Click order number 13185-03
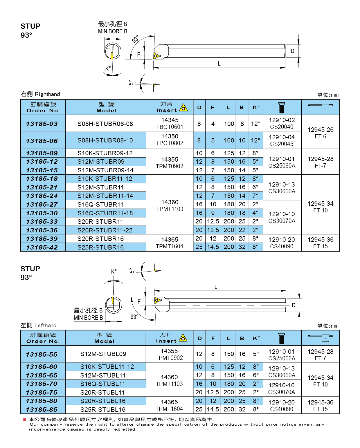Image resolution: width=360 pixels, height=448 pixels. [42, 124]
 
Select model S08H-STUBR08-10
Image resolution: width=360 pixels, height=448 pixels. [105, 140]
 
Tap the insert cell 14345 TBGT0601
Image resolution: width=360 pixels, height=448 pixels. [170, 123]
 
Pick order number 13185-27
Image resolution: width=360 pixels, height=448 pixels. [42, 205]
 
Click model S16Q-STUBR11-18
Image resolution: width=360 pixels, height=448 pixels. [105, 213]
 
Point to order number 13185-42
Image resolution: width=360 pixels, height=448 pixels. [42, 248]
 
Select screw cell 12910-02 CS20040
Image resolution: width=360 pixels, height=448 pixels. [282, 123]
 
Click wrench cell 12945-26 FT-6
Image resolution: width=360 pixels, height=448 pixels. [321, 133]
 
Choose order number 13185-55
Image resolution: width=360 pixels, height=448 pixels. [42, 355]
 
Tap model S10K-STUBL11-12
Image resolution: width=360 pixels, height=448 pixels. [107, 367]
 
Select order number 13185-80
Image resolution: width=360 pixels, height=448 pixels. [42, 401]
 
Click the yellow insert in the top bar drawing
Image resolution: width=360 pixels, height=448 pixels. [157, 55]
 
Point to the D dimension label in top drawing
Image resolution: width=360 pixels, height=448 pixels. [292, 51]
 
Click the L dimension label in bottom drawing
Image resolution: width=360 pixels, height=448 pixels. [216, 287]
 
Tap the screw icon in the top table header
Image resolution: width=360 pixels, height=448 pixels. [282, 107]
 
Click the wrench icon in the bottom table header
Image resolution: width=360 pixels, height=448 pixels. [321, 338]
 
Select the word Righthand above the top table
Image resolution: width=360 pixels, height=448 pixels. [47, 94]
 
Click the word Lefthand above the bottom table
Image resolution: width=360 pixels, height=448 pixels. [46, 326]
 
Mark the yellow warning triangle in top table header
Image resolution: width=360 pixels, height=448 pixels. [183, 108]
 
